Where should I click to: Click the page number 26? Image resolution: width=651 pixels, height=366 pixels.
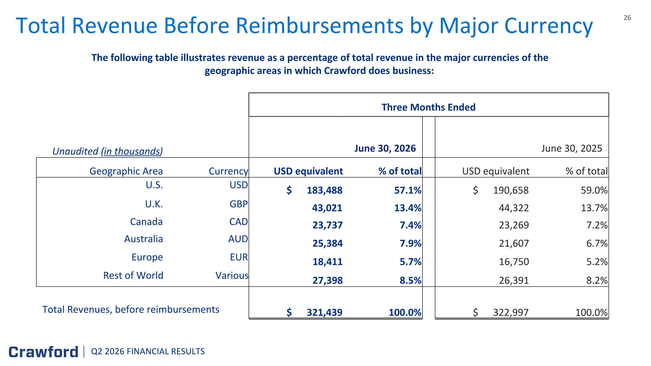[627, 18]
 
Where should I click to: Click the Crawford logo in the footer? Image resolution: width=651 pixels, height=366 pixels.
[43, 352]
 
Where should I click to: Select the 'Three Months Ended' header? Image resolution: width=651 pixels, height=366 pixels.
[428, 107]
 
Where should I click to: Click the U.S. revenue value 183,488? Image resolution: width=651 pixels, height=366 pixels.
[324, 190]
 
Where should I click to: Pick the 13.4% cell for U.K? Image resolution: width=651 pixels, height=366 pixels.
[408, 208]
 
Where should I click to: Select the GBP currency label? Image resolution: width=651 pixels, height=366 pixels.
[238, 204]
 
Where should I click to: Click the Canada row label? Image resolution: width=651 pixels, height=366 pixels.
[146, 222]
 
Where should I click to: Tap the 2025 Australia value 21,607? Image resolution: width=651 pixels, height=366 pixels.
[514, 243]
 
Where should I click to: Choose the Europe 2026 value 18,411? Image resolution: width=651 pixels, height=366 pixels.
[327, 262]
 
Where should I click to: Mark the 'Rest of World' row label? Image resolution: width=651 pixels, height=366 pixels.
[133, 275]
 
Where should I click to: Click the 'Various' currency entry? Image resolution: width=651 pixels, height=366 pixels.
[232, 275]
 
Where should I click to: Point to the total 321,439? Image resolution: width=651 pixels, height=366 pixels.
[324, 312]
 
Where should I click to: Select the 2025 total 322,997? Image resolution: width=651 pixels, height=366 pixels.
[511, 312]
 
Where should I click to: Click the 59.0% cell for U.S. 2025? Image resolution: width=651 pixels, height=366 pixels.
[594, 190]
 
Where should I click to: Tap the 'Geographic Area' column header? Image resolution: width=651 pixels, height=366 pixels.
[126, 171]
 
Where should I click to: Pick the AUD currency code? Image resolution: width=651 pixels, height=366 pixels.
[238, 239]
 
